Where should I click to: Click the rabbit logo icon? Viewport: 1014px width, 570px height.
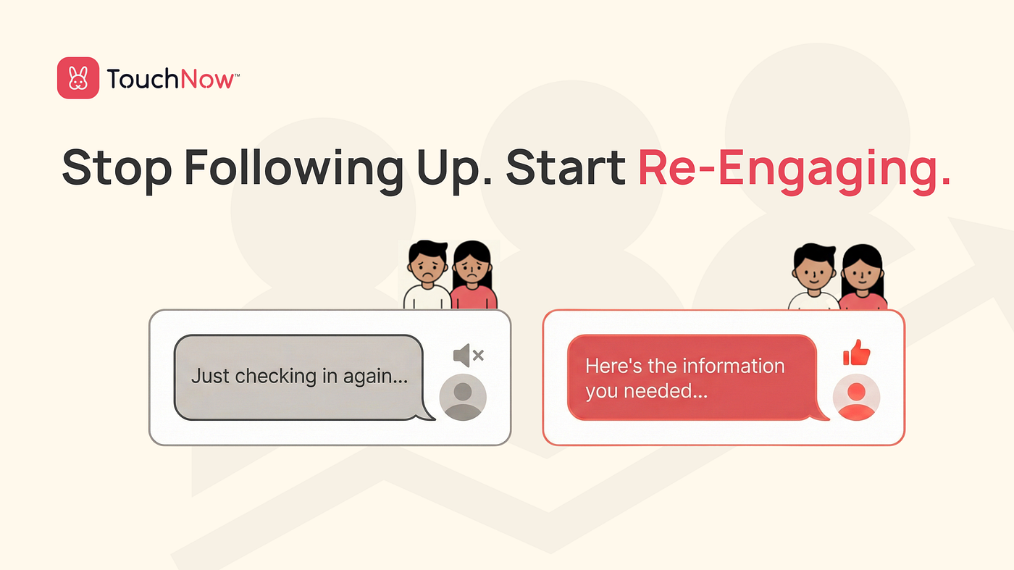coord(78,78)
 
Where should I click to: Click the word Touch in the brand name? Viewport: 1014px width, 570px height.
coord(143,78)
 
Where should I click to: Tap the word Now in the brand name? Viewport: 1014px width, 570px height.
coord(207,79)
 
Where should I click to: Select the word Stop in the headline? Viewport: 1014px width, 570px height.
coord(117,168)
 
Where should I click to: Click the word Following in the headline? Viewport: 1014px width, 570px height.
coord(294,168)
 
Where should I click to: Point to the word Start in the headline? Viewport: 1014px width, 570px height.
coord(566,167)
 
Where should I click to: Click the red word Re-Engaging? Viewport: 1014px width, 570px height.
coord(794,169)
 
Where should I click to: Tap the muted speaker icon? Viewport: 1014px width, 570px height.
coord(469,356)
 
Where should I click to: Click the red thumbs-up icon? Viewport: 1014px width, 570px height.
coord(856,353)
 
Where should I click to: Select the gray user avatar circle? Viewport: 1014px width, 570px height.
coord(463,397)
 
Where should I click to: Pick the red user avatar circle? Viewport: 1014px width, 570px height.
coord(856,397)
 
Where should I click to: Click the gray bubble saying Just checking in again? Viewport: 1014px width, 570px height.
coord(298,377)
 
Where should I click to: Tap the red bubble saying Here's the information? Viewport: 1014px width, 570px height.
coord(692,377)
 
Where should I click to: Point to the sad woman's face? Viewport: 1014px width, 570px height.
coord(472,269)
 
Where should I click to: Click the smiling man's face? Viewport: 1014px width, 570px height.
coord(814,271)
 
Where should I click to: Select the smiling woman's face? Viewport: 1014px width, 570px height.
coord(863,273)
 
